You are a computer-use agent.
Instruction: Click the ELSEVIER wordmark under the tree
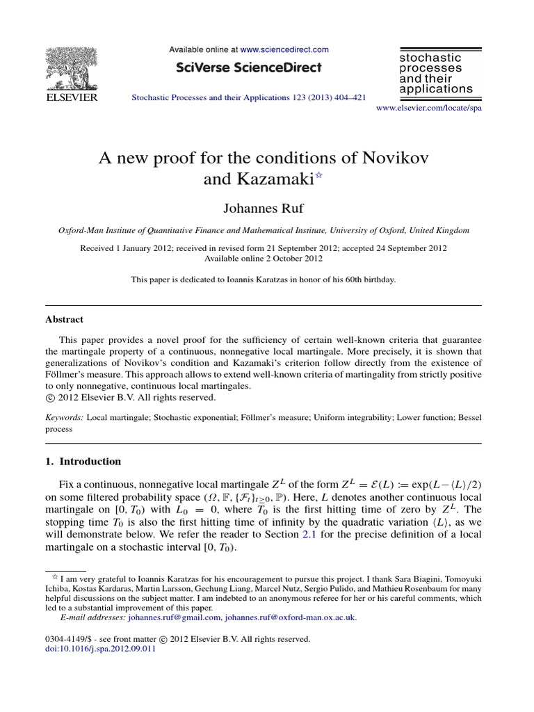(x=71, y=98)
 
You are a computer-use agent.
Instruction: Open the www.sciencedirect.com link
(x=284, y=50)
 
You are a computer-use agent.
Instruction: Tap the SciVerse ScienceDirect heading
(x=249, y=67)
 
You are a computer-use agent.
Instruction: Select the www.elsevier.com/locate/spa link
(x=428, y=108)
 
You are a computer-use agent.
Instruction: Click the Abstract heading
(x=64, y=320)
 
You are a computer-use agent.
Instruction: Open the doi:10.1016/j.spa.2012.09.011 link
(x=100, y=649)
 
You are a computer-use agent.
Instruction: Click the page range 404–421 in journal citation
(x=349, y=98)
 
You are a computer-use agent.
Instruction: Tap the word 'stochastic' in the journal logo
(x=430, y=58)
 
